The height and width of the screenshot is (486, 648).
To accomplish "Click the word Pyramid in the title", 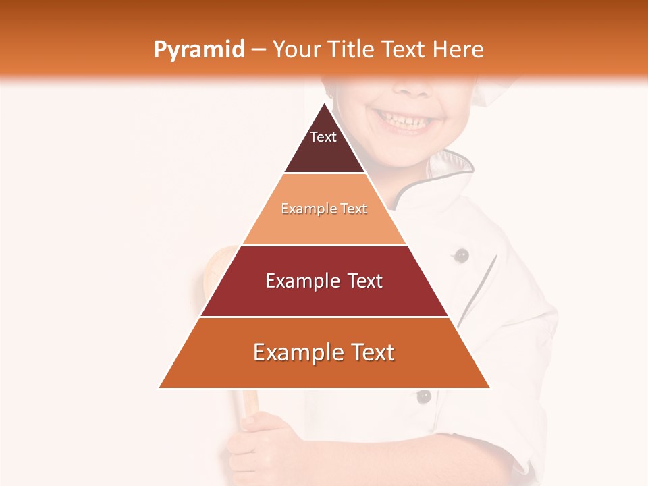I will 198,50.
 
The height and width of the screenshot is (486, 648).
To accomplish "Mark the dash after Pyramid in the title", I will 258,50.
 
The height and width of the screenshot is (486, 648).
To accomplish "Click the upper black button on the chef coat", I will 462,255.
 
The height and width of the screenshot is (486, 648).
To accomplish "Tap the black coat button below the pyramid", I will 423,396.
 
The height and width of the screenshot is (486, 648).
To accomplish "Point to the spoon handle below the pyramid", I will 249,401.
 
